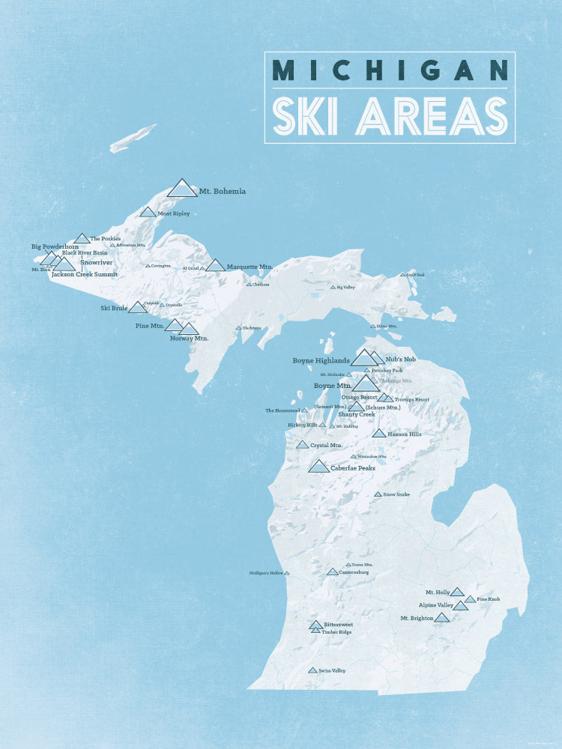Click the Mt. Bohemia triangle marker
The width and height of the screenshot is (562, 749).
[x=182, y=189]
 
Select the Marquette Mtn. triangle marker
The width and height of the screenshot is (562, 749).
[x=215, y=266]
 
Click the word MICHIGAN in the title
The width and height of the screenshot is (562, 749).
[x=390, y=70]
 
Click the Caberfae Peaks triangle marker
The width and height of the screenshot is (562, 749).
[x=319, y=467]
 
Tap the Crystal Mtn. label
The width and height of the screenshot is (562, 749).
[x=326, y=445]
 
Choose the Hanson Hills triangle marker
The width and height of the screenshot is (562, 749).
[x=379, y=434]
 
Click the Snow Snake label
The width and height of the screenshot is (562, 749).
[x=396, y=494]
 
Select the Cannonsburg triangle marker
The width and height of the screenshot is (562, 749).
[x=333, y=572]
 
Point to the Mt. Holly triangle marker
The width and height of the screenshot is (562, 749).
[x=457, y=592]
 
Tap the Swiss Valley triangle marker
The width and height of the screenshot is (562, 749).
[x=312, y=670]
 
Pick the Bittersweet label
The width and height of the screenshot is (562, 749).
[x=338, y=624]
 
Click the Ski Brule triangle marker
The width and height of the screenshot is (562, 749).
[x=137, y=308]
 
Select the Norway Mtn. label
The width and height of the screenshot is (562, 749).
[x=189, y=338]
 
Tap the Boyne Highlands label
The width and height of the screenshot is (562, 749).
[x=321, y=360]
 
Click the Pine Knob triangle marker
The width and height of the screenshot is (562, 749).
[x=470, y=599]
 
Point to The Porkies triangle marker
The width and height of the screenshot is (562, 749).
[x=82, y=239]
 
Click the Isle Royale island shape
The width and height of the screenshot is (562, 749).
[x=133, y=138]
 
